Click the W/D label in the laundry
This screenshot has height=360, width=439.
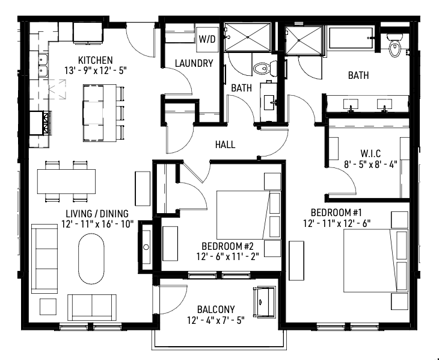tap(207, 39)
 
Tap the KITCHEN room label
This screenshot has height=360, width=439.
tap(96, 60)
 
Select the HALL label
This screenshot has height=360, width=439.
tap(225, 144)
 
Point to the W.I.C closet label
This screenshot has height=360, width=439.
tap(370, 154)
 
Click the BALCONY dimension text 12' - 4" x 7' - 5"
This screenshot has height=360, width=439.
tap(216, 320)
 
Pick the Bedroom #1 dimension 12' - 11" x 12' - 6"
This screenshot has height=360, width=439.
tap(337, 223)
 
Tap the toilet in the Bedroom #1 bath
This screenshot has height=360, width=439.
tap(394, 45)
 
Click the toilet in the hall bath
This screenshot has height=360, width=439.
tap(264, 68)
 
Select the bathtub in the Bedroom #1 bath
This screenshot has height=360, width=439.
tap(351, 39)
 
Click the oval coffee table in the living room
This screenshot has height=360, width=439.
tap(91, 259)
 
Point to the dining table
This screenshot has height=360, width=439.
tap(66, 181)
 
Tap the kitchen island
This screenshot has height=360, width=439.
tap(100, 113)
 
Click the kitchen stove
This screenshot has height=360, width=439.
tap(41, 123)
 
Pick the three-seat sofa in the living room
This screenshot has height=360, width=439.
tap(45, 258)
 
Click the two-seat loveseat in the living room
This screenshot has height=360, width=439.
tap(92, 307)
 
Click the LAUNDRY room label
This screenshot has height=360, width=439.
tap(194, 63)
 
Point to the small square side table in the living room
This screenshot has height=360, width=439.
tap(48, 307)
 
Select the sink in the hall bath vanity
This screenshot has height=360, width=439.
tap(269, 103)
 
